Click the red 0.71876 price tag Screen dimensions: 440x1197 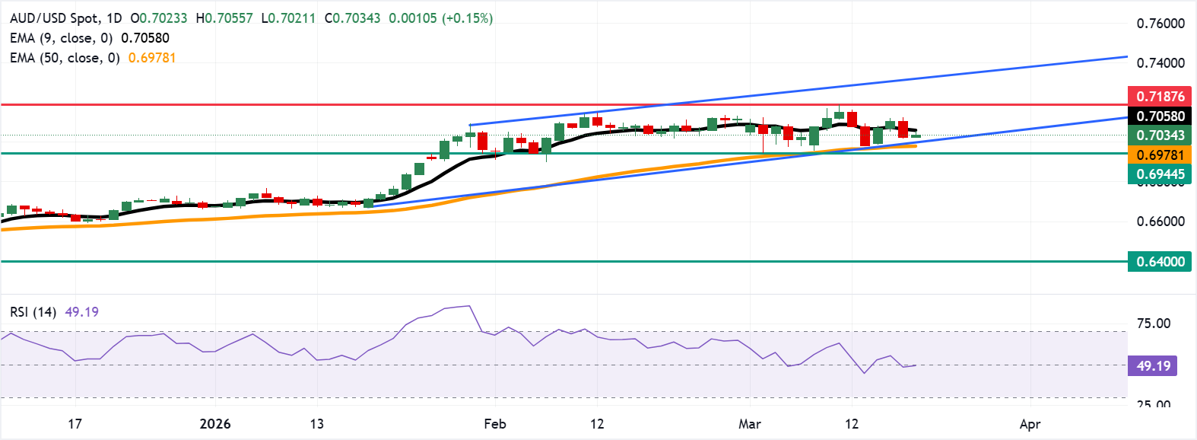point(1160,97)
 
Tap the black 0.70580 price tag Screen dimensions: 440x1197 point(1160,116)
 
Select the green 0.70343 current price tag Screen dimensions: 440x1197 point(1160,136)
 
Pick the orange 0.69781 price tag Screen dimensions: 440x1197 point(1160,155)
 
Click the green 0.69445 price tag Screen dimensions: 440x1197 point(1160,174)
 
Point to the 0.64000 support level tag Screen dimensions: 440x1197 point(1160,262)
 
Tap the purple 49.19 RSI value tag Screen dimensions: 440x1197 point(1153,366)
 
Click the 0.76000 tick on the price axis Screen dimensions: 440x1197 point(1160,24)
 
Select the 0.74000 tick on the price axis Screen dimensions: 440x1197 point(1160,63)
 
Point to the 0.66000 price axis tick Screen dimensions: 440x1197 point(1160,222)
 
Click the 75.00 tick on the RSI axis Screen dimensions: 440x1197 point(1153,324)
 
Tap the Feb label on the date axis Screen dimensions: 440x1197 point(495,424)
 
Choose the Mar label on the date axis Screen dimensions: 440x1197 point(750,424)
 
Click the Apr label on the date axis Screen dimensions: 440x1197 point(1030,424)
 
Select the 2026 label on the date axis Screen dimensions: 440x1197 point(215,424)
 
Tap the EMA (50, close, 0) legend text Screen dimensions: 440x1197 point(65,58)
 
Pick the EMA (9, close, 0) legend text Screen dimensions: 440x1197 point(61,38)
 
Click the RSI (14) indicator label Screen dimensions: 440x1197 point(33,312)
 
